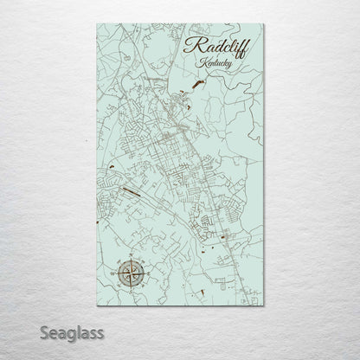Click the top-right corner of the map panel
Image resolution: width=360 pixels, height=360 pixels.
pos(265,24)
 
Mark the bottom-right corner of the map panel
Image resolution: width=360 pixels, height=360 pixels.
pos(265,306)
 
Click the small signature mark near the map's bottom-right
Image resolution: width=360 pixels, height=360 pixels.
pos(252,298)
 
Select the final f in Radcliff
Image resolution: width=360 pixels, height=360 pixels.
pos(241,47)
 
